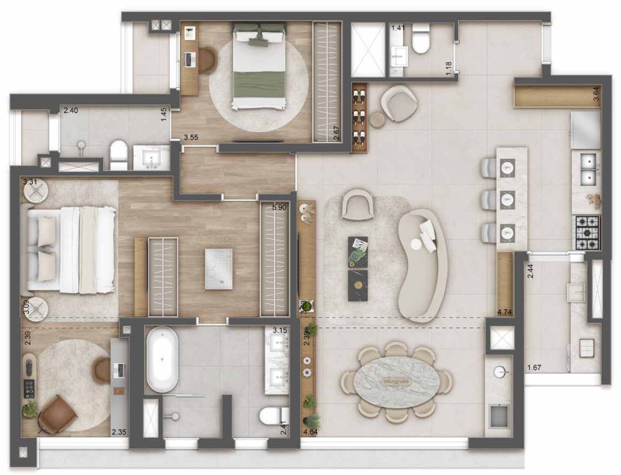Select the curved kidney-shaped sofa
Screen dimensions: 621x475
[422, 264]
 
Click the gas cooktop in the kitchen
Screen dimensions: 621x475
[587, 232]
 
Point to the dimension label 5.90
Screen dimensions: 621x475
[279, 207]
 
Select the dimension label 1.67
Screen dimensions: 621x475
[534, 368]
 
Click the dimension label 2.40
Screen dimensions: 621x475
[71, 111]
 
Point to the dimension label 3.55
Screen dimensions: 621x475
[191, 138]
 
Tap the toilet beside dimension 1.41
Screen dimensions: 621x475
[420, 38]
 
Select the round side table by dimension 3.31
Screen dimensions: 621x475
[36, 191]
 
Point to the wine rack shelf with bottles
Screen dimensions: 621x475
[360, 117]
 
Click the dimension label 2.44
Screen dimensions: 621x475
[530, 271]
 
